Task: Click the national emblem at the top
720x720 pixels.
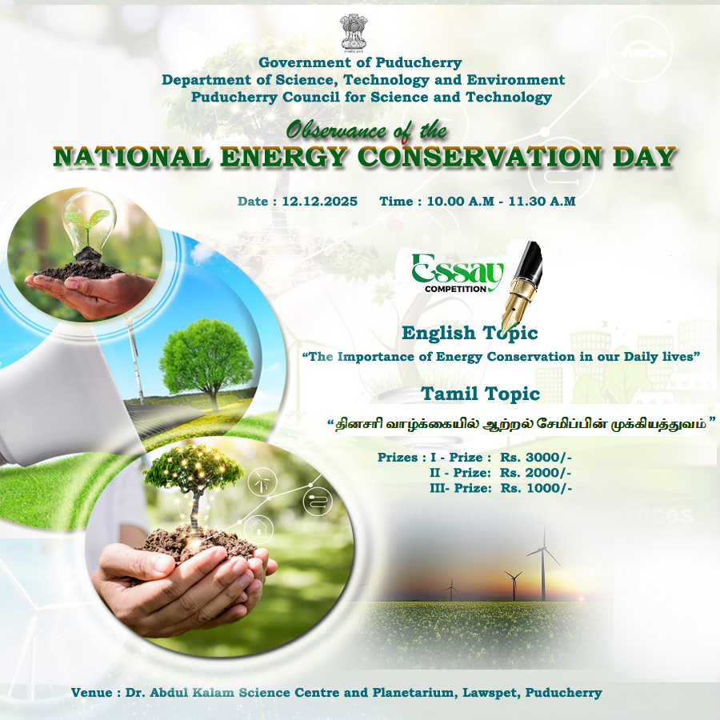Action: pyautogui.click(x=354, y=32)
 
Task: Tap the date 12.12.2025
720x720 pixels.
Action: pyautogui.click(x=319, y=201)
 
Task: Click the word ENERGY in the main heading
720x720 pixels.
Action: pyautogui.click(x=283, y=157)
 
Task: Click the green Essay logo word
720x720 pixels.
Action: pyautogui.click(x=458, y=270)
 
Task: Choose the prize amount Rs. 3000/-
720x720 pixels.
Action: pyautogui.click(x=536, y=458)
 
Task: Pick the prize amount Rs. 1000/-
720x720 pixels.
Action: pyautogui.click(x=536, y=488)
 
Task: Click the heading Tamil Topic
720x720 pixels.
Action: pyautogui.click(x=480, y=394)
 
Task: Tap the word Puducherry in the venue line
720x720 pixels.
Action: pyautogui.click(x=563, y=693)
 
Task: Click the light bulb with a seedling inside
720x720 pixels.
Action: pyautogui.click(x=88, y=226)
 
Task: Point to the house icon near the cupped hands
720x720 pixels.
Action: pyautogui.click(x=258, y=530)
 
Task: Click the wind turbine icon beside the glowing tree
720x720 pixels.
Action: pyautogui.click(x=262, y=482)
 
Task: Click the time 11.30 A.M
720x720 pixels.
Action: pyautogui.click(x=542, y=201)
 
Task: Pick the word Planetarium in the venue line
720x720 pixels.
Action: pyautogui.click(x=415, y=693)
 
